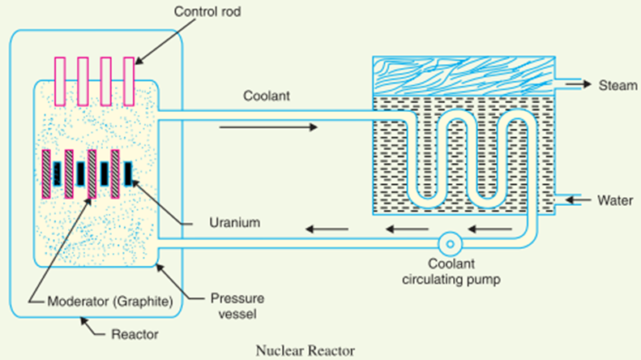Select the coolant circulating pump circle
coord(447,243)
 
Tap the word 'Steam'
coord(613,85)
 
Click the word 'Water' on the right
coord(613,199)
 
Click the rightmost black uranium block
coord(129,173)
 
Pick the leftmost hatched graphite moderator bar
coord(45,173)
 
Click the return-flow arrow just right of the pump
coord(485,229)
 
